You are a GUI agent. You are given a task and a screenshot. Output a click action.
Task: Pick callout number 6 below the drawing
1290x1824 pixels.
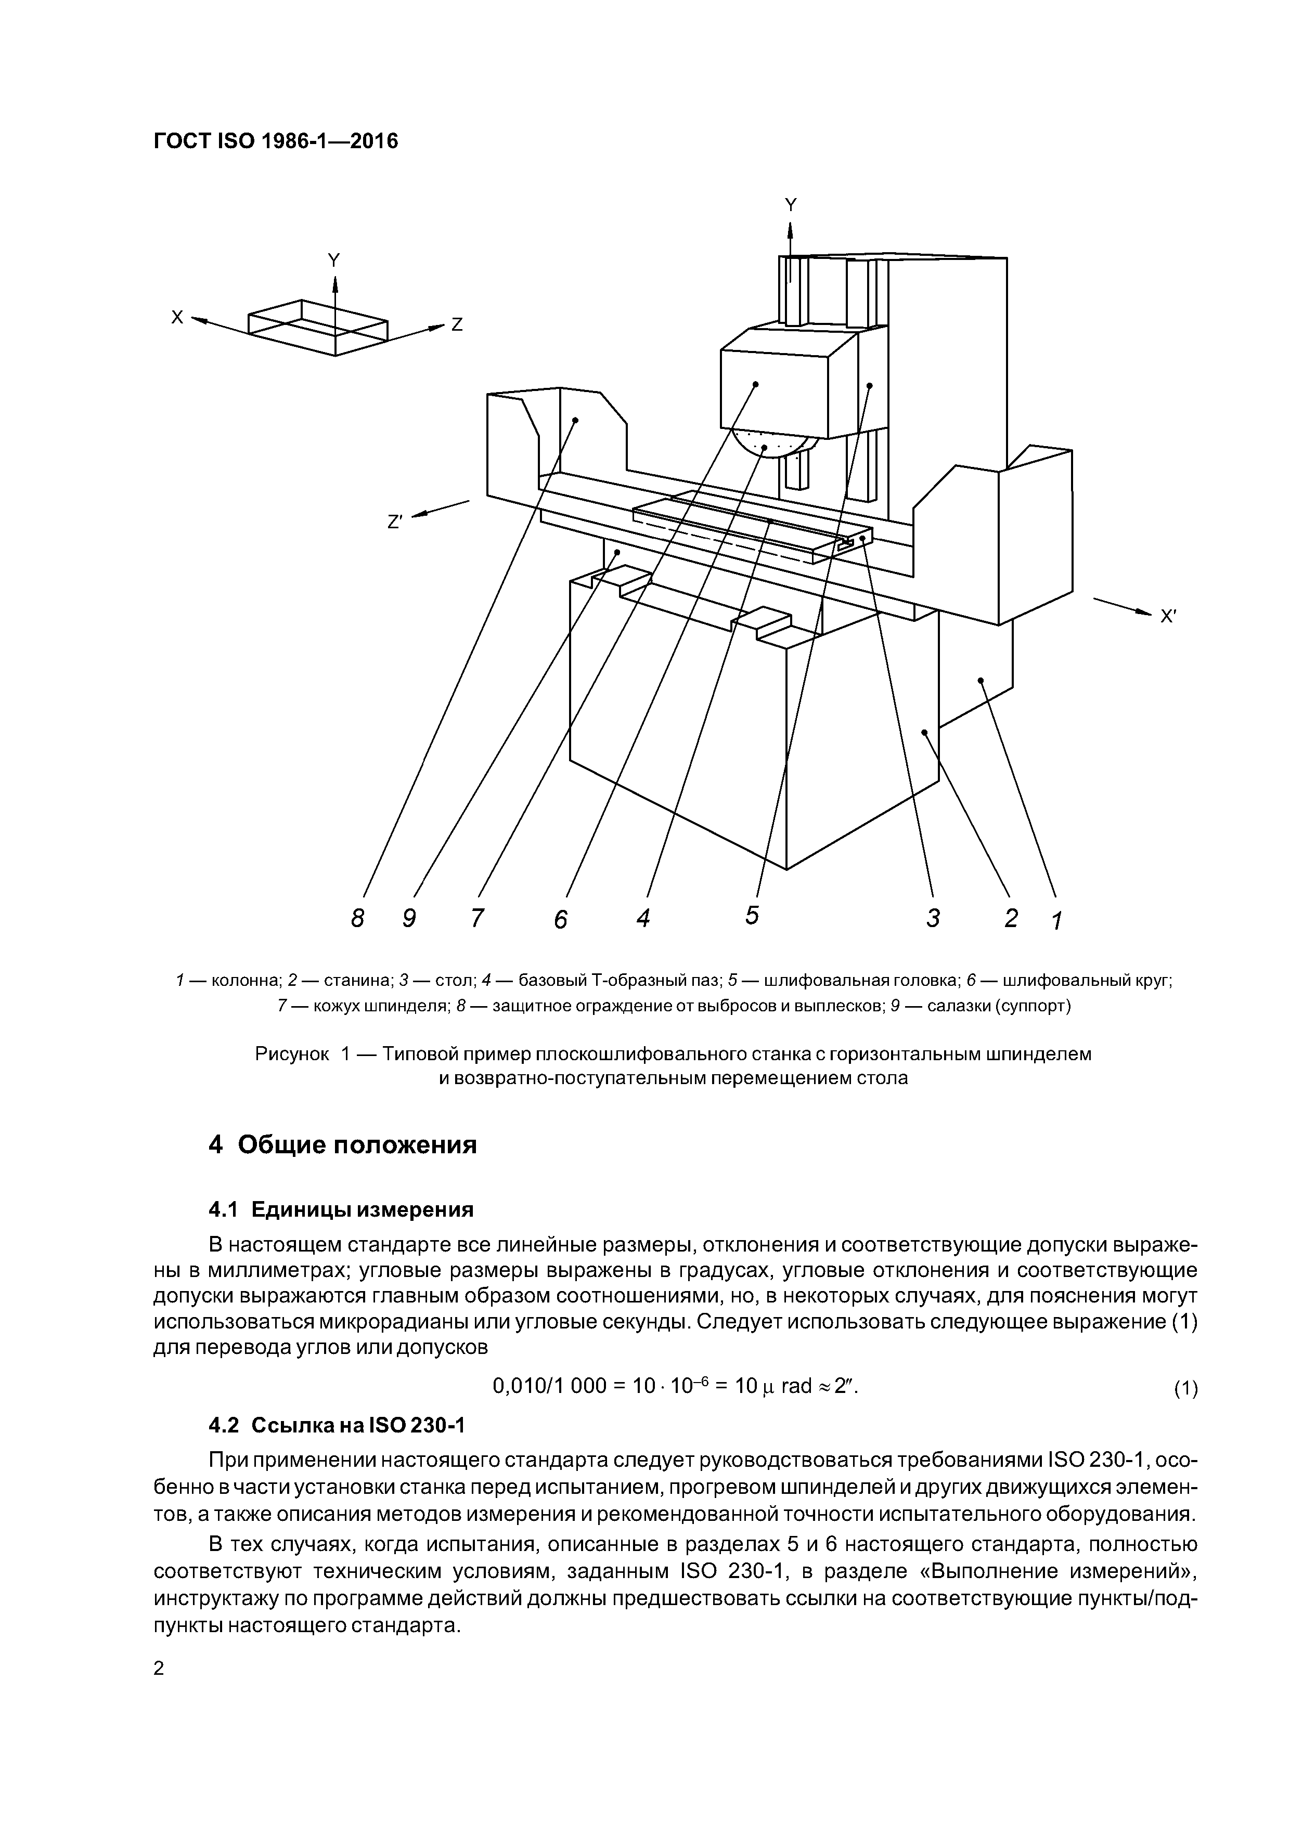(x=561, y=919)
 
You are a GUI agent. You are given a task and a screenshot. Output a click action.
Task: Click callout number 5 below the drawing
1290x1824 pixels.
(x=752, y=915)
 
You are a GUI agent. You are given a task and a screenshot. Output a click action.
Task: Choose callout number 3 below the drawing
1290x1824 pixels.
(x=933, y=918)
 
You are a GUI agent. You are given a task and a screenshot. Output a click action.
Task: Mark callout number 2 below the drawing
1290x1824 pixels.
(x=1011, y=918)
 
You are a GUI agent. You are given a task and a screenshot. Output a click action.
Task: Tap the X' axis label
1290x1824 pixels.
(x=1168, y=617)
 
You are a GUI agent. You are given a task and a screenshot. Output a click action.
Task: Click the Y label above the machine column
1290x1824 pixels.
(x=790, y=205)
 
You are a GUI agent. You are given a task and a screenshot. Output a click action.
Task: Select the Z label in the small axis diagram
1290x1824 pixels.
(x=457, y=325)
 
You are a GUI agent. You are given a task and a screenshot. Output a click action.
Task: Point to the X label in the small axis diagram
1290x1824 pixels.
(x=177, y=317)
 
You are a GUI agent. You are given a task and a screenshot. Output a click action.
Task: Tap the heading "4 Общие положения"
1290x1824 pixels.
(x=343, y=1145)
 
